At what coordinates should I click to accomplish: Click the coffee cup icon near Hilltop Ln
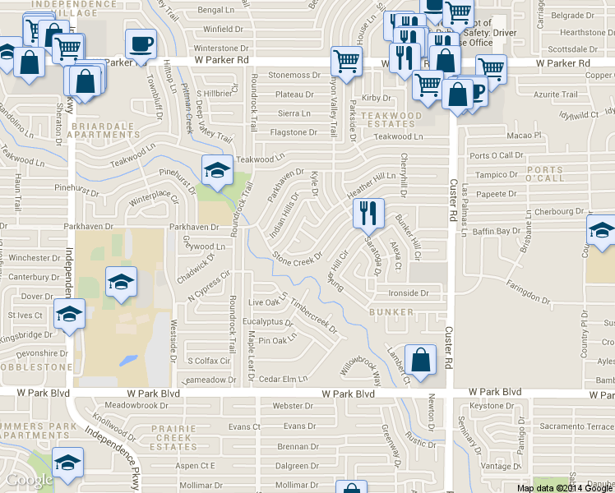click(x=141, y=44)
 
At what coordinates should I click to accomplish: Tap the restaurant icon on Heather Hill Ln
click(x=368, y=213)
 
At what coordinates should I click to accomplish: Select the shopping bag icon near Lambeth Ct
click(x=420, y=360)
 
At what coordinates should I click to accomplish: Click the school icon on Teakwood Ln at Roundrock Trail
click(x=217, y=169)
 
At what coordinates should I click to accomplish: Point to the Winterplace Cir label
click(x=154, y=197)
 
